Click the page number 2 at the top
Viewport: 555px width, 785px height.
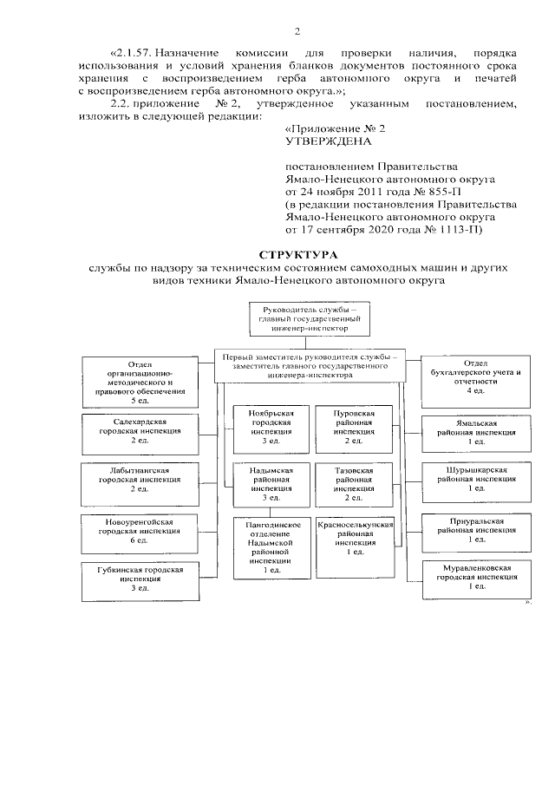click(297, 33)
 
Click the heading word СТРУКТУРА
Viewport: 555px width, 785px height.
click(277, 256)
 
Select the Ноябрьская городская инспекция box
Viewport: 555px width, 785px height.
click(264, 428)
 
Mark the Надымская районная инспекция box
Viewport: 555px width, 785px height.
click(264, 484)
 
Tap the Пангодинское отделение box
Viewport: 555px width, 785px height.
click(273, 546)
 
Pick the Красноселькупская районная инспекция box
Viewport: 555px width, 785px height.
click(356, 539)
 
